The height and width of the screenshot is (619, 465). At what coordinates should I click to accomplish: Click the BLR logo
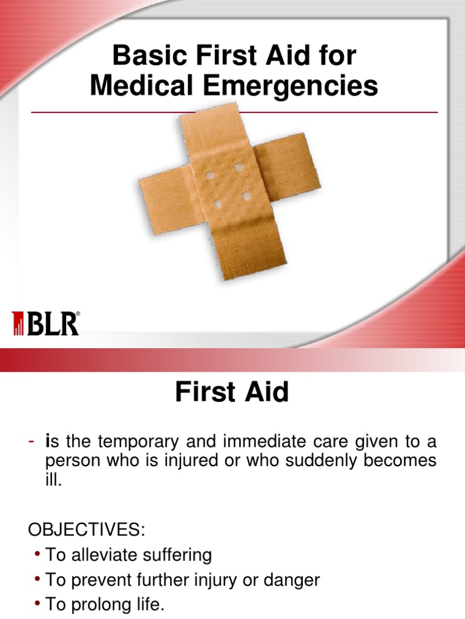(x=46, y=323)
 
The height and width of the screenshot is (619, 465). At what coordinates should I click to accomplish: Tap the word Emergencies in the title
(x=291, y=86)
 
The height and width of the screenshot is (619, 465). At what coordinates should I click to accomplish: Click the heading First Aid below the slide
(x=232, y=393)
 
